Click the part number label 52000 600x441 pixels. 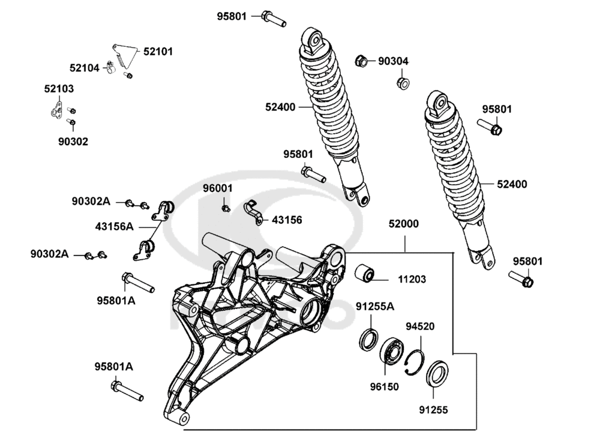pyautogui.click(x=403, y=224)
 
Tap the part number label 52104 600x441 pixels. pyautogui.click(x=85, y=68)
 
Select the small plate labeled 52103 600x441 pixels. pyautogui.click(x=57, y=111)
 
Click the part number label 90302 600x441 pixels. pyautogui.click(x=73, y=142)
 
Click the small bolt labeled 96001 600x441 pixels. pyautogui.click(x=226, y=208)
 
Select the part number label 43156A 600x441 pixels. pyautogui.click(x=115, y=227)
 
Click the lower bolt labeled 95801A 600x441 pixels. pyautogui.click(x=127, y=391)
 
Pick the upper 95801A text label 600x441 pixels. pyautogui.click(x=116, y=301)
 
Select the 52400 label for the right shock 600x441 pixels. pyautogui.click(x=511, y=184)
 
